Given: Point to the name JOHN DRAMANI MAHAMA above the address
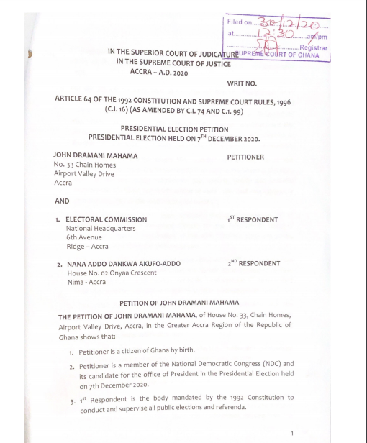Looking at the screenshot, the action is [96, 155].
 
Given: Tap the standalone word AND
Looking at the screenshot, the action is [62, 202].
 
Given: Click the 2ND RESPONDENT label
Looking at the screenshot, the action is [254, 263].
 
